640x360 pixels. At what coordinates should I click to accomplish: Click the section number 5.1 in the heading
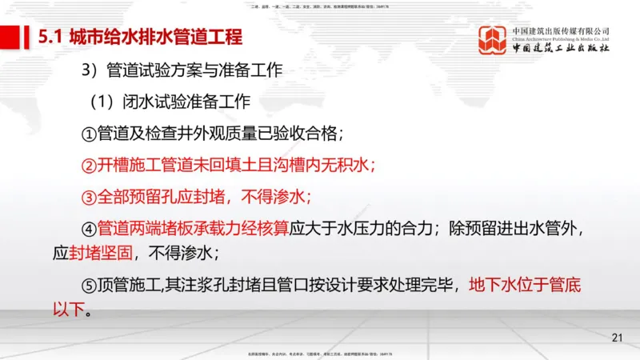[51, 38]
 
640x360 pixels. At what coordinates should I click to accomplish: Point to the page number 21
[617, 338]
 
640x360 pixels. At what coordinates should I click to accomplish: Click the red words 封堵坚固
[101, 253]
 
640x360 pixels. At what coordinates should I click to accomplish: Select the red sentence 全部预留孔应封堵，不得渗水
[203, 196]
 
